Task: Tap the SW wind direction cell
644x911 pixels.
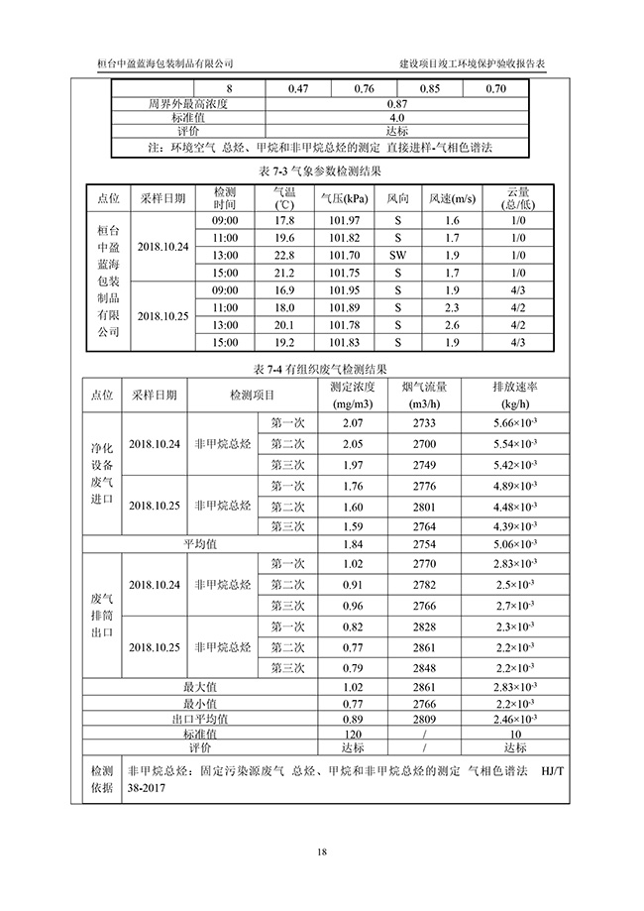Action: click(397, 255)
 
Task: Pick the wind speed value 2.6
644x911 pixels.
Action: click(452, 325)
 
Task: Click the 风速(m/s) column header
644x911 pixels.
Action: click(452, 199)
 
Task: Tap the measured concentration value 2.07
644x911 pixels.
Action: click(352, 423)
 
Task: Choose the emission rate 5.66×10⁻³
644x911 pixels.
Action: click(514, 423)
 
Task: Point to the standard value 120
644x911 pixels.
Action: click(352, 734)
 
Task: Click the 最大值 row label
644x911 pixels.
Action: click(200, 686)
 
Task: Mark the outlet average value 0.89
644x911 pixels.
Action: click(352, 719)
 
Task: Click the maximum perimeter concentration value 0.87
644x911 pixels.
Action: click(397, 103)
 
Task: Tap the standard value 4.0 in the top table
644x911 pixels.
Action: click(397, 117)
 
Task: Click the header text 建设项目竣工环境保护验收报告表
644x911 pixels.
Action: click(472, 61)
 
